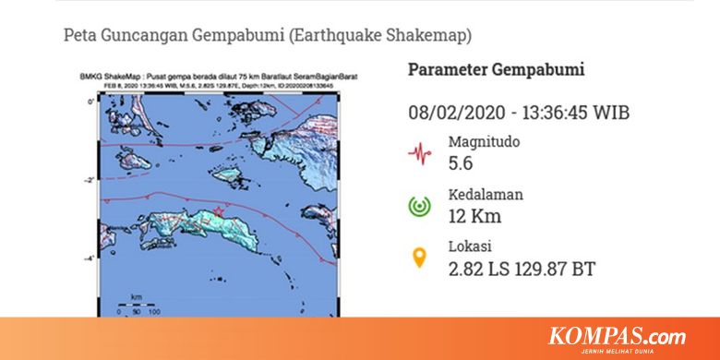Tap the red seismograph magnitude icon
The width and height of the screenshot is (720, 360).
point(421,152)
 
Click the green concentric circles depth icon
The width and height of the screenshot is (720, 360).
point(421,205)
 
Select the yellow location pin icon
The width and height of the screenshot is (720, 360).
point(420,258)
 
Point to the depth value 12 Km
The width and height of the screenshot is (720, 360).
point(474,216)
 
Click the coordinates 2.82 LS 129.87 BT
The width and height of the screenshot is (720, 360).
point(521,269)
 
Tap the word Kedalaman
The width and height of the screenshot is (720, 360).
point(486,194)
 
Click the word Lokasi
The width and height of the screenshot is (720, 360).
point(470,246)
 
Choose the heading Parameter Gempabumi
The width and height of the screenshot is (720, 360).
point(497,70)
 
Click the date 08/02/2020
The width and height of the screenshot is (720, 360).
point(457,113)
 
